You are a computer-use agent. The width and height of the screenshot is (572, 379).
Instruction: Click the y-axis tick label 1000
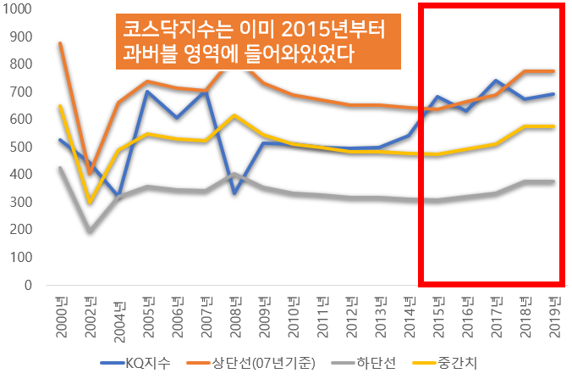[x=18, y=8]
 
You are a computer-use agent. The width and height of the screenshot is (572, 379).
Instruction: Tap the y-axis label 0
[x=29, y=285]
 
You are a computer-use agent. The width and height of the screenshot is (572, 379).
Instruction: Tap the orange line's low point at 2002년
[x=91, y=174]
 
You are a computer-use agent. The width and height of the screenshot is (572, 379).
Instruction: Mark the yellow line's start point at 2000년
[x=61, y=106]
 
